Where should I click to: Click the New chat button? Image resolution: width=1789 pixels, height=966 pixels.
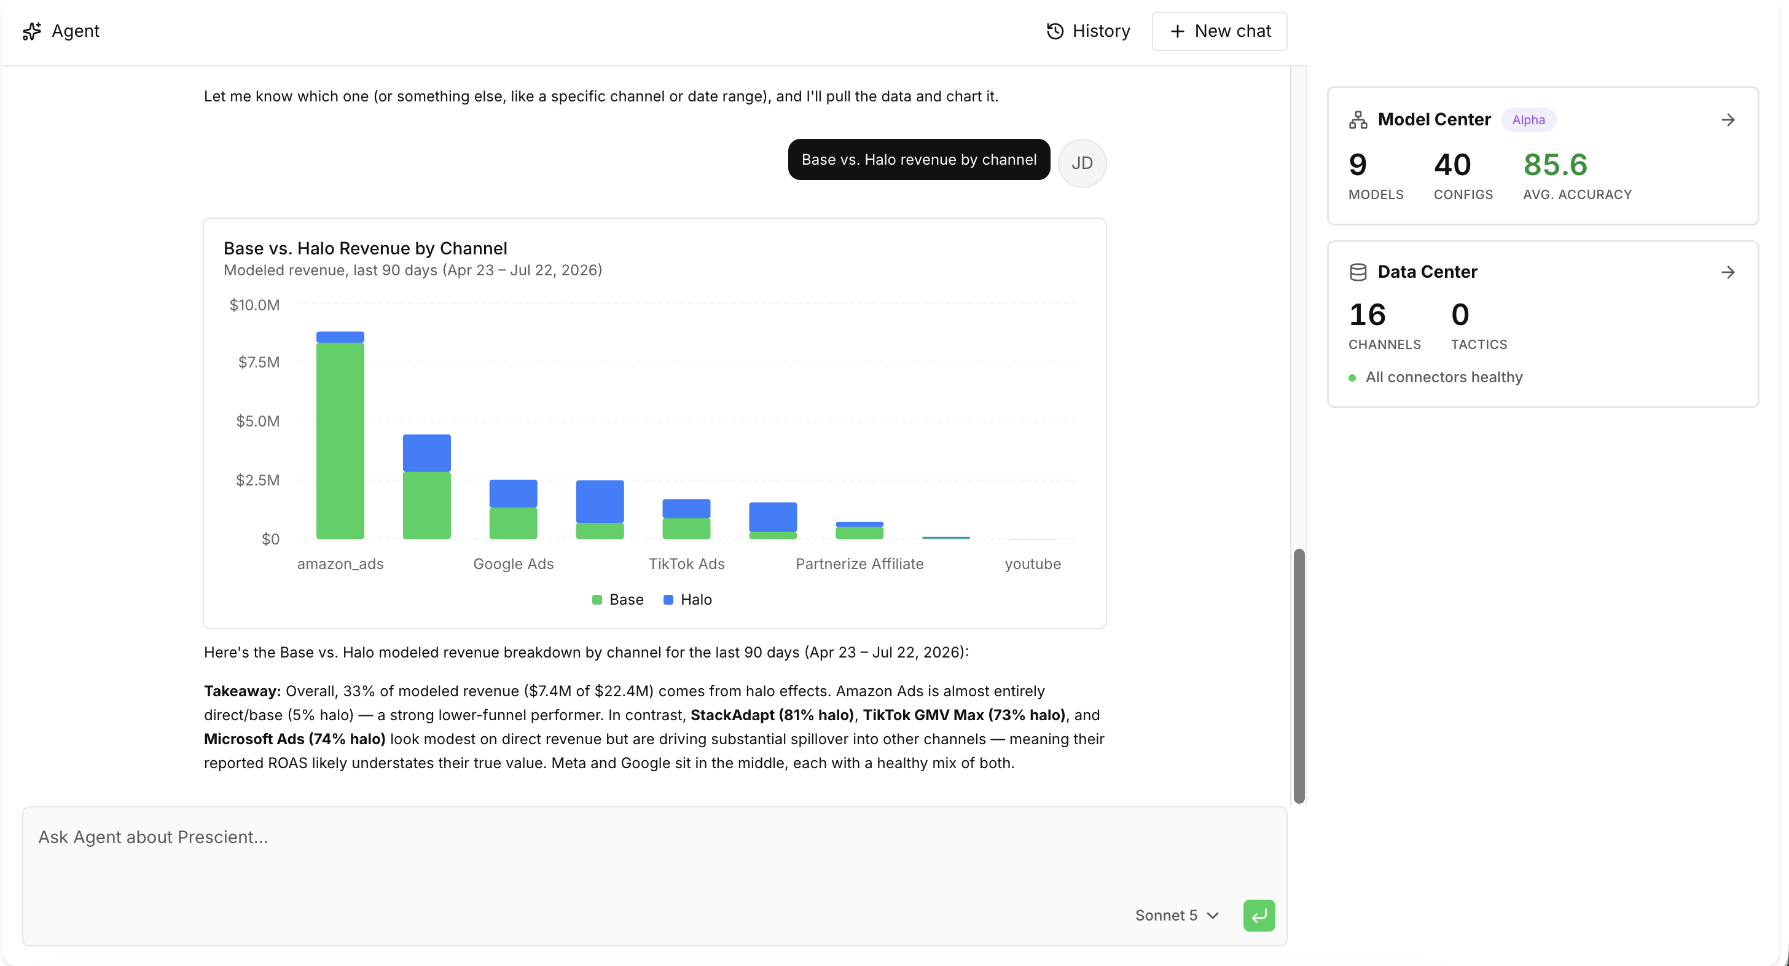click(x=1219, y=31)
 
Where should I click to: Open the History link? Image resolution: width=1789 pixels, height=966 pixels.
click(x=1088, y=31)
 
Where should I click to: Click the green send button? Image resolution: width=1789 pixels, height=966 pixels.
click(x=1258, y=916)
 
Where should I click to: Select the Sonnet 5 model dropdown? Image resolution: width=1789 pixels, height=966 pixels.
click(x=1177, y=916)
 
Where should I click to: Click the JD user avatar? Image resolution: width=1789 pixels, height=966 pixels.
click(x=1082, y=163)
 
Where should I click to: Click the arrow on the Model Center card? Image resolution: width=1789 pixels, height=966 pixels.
click(x=1728, y=120)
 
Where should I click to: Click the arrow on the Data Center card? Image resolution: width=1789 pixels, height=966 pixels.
click(x=1728, y=272)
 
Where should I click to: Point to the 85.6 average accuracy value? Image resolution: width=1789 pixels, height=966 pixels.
click(x=1555, y=165)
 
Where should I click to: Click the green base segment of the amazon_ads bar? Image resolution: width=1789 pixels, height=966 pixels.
click(x=340, y=440)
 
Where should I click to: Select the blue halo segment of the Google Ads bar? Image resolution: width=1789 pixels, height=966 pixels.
click(x=513, y=494)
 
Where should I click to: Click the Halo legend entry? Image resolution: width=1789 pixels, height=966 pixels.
click(x=687, y=599)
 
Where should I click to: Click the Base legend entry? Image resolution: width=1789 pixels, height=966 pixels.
click(x=617, y=599)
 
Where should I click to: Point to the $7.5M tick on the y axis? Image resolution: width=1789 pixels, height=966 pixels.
click(x=259, y=362)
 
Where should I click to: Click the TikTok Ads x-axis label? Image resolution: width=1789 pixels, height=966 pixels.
click(x=686, y=564)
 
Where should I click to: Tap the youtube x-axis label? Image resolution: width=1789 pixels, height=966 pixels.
click(x=1033, y=564)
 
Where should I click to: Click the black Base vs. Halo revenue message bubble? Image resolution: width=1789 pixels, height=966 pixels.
click(x=919, y=160)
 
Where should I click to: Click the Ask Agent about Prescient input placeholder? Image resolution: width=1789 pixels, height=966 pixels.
click(x=153, y=837)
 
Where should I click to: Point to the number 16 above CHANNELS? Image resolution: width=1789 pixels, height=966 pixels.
click(x=1367, y=315)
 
